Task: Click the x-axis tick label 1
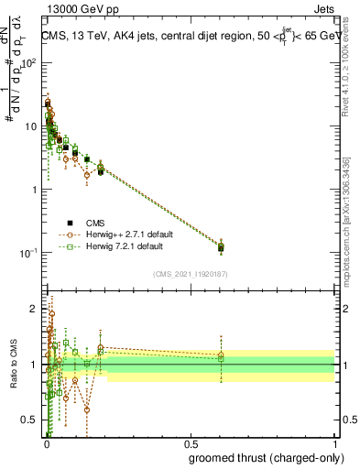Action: (334, 445)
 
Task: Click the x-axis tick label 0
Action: (47, 445)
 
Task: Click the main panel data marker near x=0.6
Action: (221, 246)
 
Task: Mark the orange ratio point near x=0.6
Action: (221, 354)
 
